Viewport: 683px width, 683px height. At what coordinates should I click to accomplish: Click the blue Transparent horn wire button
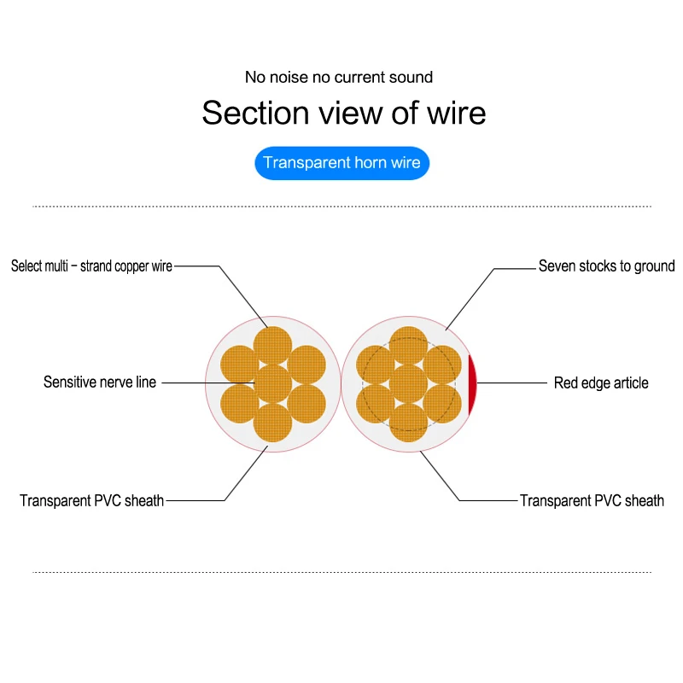coord(341,163)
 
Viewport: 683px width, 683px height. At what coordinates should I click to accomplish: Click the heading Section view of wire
coord(343,113)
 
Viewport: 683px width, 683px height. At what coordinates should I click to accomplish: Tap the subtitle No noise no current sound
coord(339,78)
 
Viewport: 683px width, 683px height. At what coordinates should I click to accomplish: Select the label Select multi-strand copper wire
coord(91,266)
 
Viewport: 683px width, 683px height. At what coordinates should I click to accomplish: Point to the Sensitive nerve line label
coord(100,382)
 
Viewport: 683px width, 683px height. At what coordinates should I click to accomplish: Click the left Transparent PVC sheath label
coord(92,501)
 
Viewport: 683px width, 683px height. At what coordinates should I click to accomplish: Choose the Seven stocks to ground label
coord(606,266)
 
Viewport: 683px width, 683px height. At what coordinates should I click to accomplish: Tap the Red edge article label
coord(601,383)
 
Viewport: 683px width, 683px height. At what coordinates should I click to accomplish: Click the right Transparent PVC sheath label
coord(592,501)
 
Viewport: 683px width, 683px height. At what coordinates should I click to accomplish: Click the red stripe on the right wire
coord(472,382)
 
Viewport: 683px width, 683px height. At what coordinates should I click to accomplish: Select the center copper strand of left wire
coord(273,383)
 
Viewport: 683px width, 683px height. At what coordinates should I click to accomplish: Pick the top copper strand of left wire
coord(273,345)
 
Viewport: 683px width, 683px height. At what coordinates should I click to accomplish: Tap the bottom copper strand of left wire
coord(273,423)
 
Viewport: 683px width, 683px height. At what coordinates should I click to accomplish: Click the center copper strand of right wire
coord(408,383)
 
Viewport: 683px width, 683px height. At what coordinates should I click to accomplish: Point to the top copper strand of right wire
coord(408,345)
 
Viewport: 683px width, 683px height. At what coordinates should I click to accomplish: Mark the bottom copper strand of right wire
coord(408,423)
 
